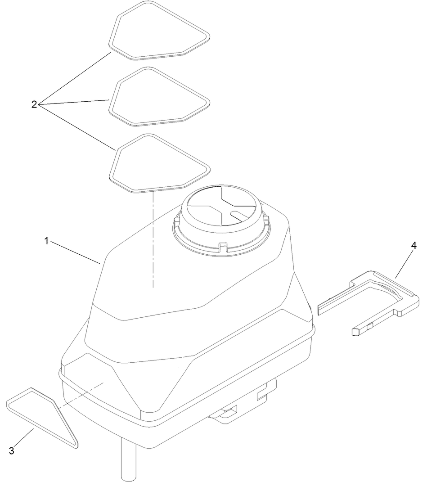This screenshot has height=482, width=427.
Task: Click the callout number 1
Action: [x=46, y=240]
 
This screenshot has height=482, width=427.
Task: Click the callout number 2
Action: [x=34, y=104]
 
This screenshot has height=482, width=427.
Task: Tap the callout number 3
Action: [x=12, y=450]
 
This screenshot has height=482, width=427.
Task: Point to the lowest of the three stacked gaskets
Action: [x=112, y=171]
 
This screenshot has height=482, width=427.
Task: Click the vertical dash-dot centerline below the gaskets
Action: [x=153, y=239]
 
